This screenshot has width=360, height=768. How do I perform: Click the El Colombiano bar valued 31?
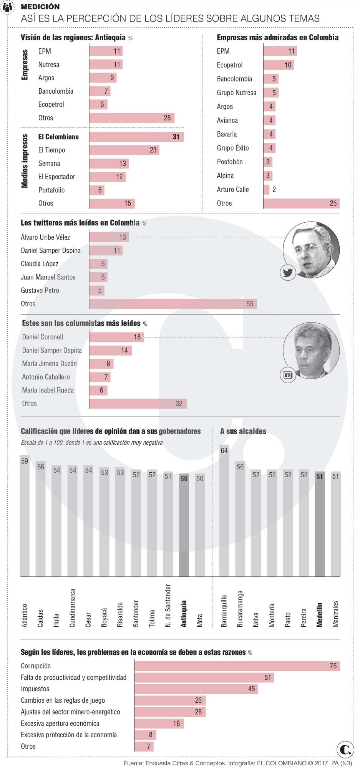[x=136, y=137]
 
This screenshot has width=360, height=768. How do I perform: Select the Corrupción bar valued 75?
[x=237, y=666]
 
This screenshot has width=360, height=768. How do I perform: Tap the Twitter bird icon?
[x=288, y=273]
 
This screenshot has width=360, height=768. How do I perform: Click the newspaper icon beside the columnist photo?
[x=288, y=375]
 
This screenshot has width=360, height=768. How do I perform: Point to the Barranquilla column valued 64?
[x=224, y=511]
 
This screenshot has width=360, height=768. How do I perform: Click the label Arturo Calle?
[x=232, y=189]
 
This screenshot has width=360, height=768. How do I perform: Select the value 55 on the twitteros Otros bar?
[x=250, y=304]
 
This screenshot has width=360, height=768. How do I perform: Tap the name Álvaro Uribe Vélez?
[x=45, y=237]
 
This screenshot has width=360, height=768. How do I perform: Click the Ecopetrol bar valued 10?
[x=279, y=65]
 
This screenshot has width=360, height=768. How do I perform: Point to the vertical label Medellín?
[x=320, y=614]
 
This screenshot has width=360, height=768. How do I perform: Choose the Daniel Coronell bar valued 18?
[x=116, y=337]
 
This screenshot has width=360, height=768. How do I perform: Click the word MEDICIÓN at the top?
[x=40, y=7]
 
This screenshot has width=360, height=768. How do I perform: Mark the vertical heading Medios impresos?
[x=25, y=161]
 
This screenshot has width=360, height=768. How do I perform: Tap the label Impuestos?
[x=35, y=689]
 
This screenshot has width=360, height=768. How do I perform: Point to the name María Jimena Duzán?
[x=49, y=364]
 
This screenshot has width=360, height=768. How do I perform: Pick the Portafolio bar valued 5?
[x=97, y=190]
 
